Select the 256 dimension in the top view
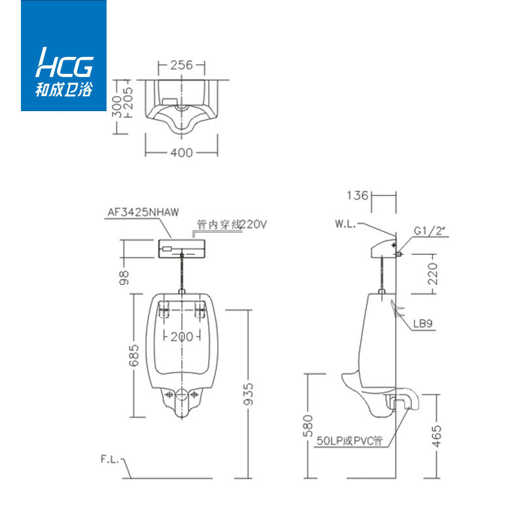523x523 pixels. [x=182, y=65]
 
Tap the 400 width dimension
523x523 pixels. [x=182, y=153]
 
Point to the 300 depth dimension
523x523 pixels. [x=116, y=107]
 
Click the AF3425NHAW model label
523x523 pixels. [x=143, y=212]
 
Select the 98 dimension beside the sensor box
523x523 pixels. [x=124, y=277]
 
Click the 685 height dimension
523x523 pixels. [x=133, y=356]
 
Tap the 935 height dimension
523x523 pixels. [x=248, y=394]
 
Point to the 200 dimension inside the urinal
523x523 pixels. [x=182, y=337]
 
